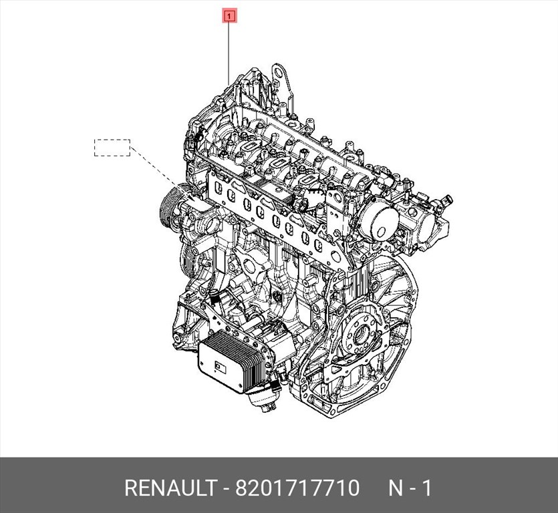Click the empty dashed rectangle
(112, 148)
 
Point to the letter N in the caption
(396, 488)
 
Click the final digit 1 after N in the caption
(426, 488)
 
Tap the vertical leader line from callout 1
(230, 53)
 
